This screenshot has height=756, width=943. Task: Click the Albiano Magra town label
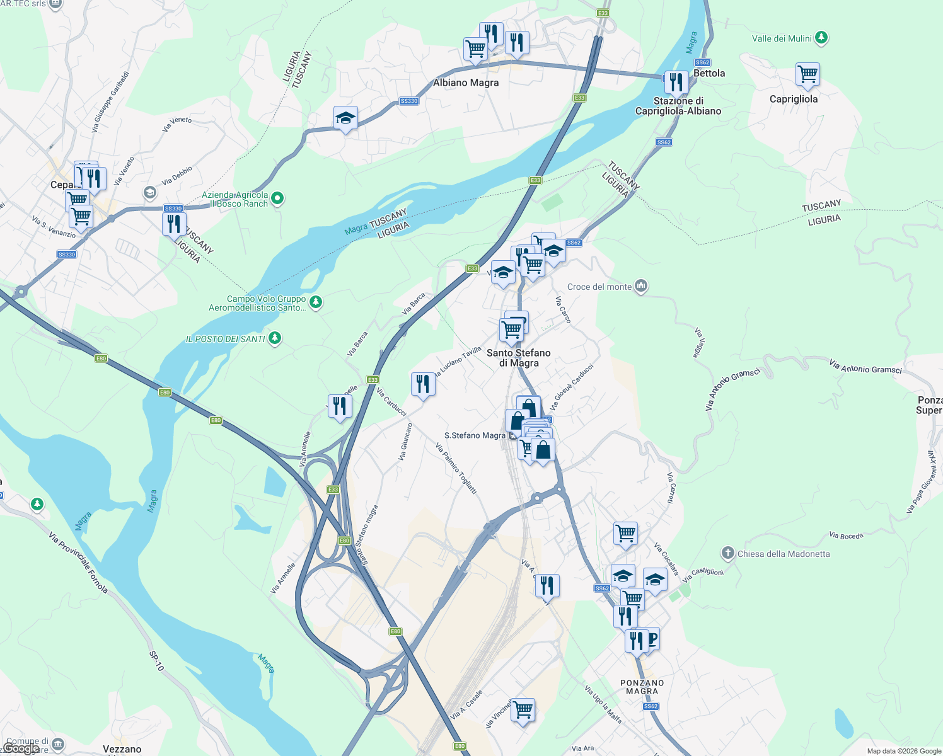pyautogui.click(x=466, y=83)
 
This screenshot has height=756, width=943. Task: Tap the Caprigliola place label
pyautogui.click(x=794, y=99)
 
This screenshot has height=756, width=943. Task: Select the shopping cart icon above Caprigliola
pyautogui.click(x=807, y=74)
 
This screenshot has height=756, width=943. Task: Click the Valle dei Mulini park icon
pyautogui.click(x=821, y=38)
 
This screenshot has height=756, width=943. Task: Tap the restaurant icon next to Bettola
pyautogui.click(x=676, y=82)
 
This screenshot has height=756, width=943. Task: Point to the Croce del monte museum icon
pyautogui.click(x=641, y=286)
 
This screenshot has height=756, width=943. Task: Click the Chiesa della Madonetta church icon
pyautogui.click(x=728, y=553)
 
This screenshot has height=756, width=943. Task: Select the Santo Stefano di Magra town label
pyautogui.click(x=518, y=358)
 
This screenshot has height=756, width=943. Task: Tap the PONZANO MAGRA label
pyautogui.click(x=642, y=687)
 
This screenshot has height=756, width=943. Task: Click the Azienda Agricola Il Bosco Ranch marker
pyautogui.click(x=277, y=199)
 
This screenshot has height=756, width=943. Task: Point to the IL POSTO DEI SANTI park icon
pyautogui.click(x=274, y=338)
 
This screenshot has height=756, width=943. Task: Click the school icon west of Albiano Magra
pyautogui.click(x=345, y=118)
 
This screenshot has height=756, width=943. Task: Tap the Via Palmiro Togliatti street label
pyautogui.click(x=456, y=468)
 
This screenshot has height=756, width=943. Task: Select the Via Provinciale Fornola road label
pyautogui.click(x=78, y=563)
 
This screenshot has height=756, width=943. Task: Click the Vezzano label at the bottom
pyautogui.click(x=122, y=749)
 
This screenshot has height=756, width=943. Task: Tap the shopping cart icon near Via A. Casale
pyautogui.click(x=523, y=710)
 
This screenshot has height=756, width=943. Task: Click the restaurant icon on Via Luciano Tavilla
pyautogui.click(x=423, y=384)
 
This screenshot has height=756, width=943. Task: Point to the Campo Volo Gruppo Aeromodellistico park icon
pyautogui.click(x=316, y=302)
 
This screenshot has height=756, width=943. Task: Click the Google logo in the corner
pyautogui.click(x=20, y=748)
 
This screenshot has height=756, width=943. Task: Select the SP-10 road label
pyautogui.click(x=156, y=660)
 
